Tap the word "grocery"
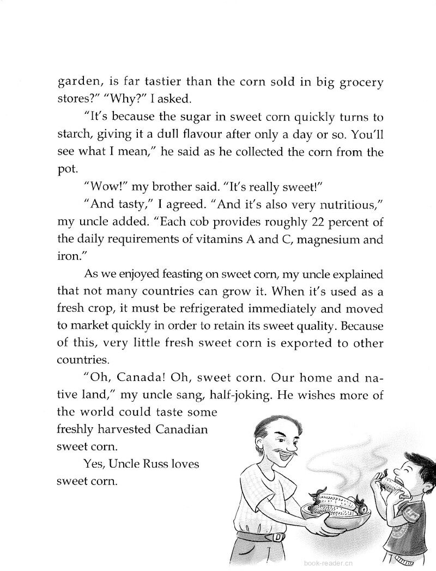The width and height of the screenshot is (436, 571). click(355, 84)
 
